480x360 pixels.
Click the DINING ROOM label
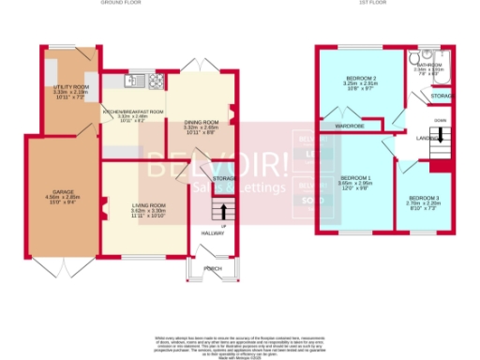201,122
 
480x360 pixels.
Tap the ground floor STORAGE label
223,178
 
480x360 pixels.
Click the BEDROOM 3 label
424,198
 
